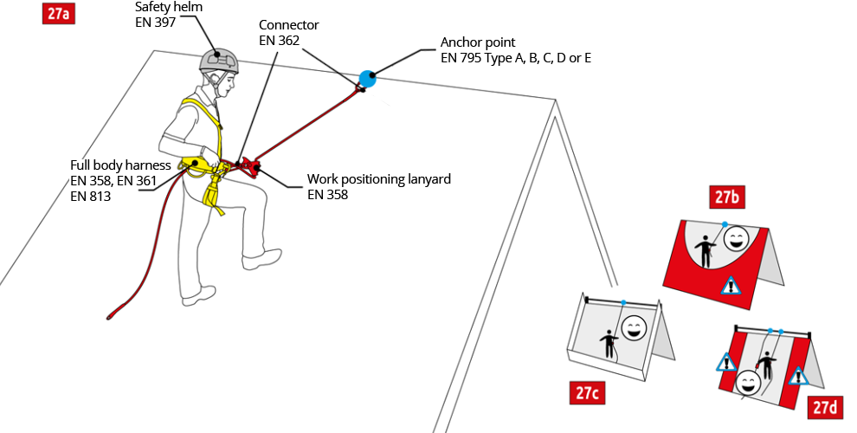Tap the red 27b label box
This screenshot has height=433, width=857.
[x=726, y=198]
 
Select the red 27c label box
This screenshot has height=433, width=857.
[x=585, y=393]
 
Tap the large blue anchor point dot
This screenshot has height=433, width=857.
[x=368, y=79]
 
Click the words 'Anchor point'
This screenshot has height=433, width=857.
[x=478, y=42]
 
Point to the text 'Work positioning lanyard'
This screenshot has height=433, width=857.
[x=379, y=180]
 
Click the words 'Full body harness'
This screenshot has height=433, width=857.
[x=120, y=165]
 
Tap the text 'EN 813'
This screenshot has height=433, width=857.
[x=91, y=196]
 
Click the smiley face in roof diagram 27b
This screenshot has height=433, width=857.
[x=735, y=238]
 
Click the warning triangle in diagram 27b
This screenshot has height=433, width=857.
[x=732, y=285]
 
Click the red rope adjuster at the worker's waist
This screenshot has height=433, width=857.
[x=250, y=165]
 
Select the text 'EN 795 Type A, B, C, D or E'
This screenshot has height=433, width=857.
[x=516, y=58]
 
